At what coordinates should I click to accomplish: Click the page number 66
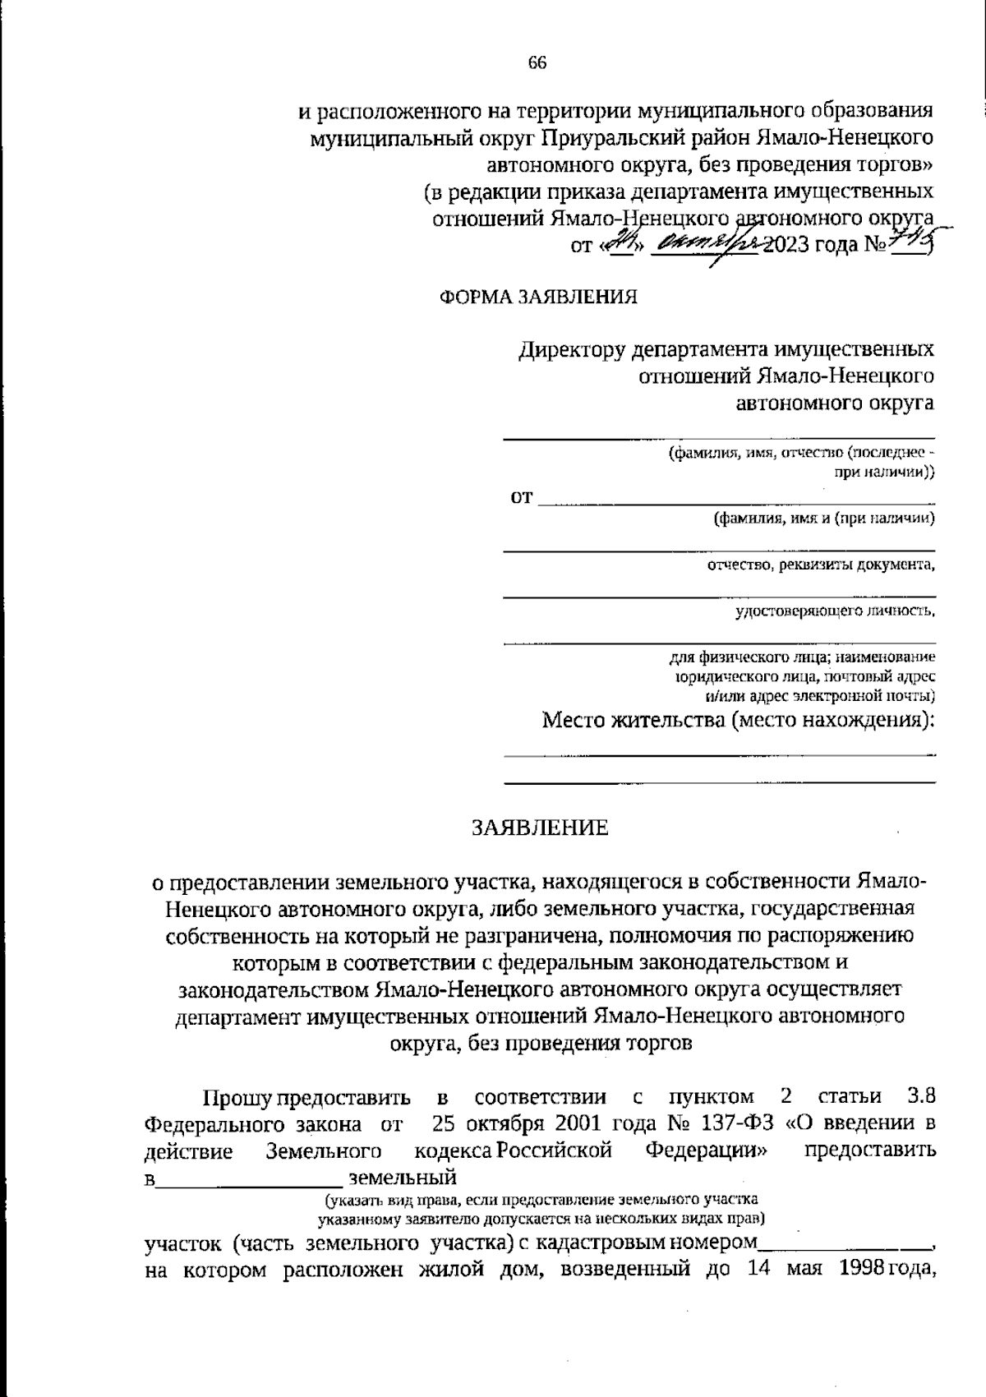pos(537,64)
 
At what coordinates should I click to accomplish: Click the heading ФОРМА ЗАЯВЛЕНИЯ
pos(539,297)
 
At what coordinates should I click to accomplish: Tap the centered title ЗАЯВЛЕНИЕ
pos(539,828)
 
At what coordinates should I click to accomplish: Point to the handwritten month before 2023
pos(705,244)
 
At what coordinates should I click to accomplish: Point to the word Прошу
pos(237,1097)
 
